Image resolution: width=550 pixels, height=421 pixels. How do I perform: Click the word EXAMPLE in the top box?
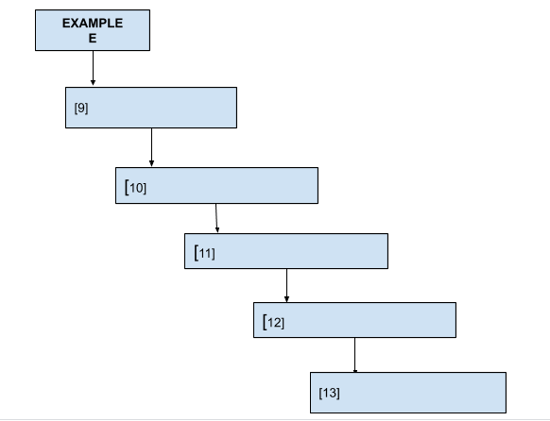[x=93, y=23]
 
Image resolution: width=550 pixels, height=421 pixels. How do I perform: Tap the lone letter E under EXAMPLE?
[x=93, y=38]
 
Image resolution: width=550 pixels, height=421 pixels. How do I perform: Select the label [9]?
[x=81, y=108]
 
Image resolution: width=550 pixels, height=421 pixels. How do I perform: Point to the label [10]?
[x=135, y=188]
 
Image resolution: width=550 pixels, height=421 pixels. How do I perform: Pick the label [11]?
[x=204, y=253]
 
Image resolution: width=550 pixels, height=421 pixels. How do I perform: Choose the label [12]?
[x=274, y=322]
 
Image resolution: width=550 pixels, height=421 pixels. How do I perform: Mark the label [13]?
[x=330, y=393]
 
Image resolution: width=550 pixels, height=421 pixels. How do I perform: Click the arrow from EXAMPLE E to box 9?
[x=93, y=68]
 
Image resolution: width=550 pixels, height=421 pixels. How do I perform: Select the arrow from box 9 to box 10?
[x=151, y=147]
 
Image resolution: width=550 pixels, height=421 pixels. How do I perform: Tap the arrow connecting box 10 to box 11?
[x=216, y=218]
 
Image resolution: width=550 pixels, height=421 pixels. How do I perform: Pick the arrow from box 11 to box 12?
[x=286, y=285]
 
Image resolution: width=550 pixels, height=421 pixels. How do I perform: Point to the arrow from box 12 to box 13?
[x=355, y=355]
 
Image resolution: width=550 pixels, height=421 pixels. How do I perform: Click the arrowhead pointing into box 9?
[x=93, y=83]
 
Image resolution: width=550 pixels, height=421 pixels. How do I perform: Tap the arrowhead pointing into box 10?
[x=151, y=163]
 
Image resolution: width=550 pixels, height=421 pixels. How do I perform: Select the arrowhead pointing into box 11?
[x=217, y=229]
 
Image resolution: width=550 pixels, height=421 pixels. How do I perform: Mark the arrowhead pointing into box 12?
[x=286, y=299]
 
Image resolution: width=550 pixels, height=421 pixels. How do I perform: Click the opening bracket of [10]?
[x=127, y=187]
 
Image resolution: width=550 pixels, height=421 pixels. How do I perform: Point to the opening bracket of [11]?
[x=197, y=253]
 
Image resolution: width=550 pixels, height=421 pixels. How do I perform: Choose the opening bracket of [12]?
[x=265, y=322]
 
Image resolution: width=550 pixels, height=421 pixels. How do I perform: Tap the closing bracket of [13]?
[x=338, y=393]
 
